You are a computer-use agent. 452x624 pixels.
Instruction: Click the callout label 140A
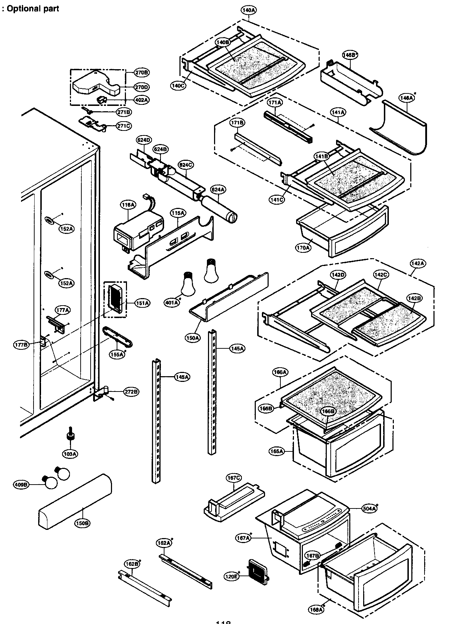click(x=249, y=10)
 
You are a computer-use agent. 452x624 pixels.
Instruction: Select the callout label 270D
click(x=142, y=87)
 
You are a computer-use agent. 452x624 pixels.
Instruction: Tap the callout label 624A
click(x=218, y=190)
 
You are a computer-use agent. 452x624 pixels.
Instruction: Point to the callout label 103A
click(x=70, y=454)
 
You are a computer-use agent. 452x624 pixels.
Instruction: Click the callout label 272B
click(x=131, y=392)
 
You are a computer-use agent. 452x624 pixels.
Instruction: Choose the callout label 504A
click(x=369, y=508)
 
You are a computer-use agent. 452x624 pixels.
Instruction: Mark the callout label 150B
click(x=82, y=523)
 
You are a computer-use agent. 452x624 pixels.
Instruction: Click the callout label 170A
click(x=303, y=247)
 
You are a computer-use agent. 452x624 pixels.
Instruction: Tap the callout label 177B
click(x=21, y=345)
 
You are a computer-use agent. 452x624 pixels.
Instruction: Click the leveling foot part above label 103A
click(x=70, y=437)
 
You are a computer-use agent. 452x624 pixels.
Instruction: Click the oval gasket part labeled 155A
click(x=118, y=337)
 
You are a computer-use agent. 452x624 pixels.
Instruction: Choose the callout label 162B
click(x=132, y=564)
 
